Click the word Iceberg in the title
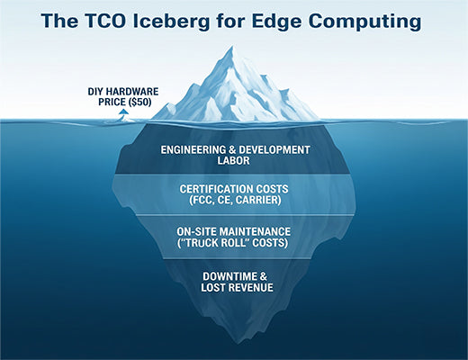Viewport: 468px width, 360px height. (x=178, y=19)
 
